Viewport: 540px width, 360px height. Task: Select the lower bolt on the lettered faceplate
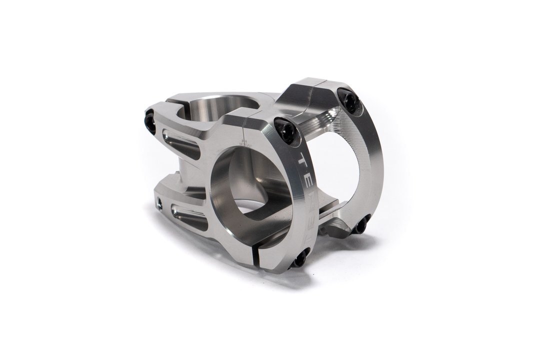300,258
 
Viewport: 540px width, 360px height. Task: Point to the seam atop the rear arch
320,84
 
